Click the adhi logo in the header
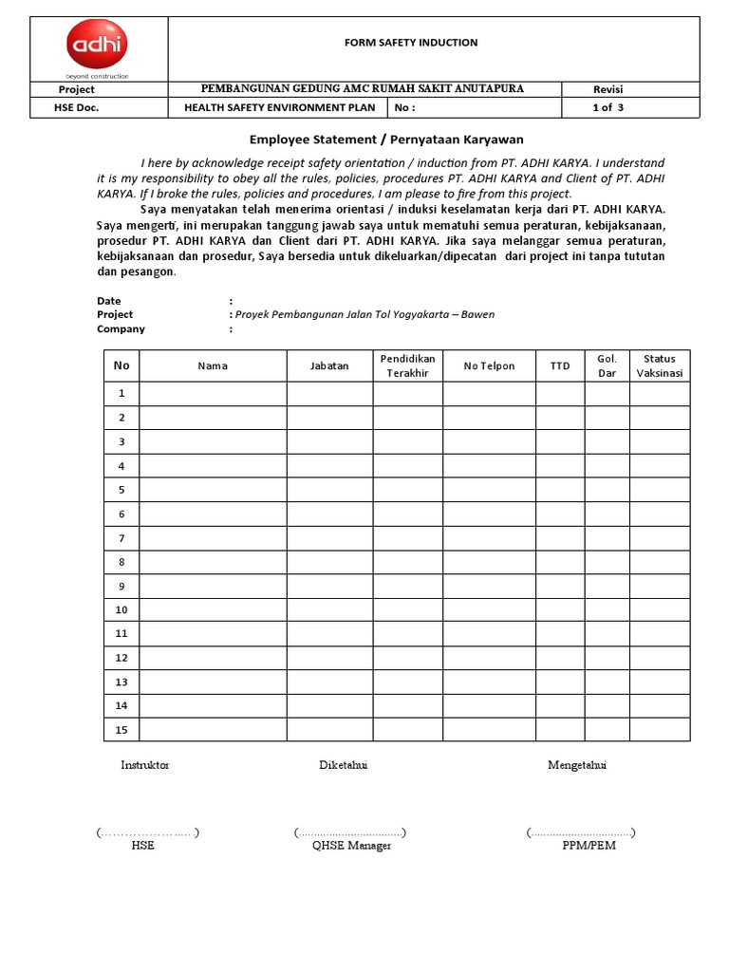[97, 47]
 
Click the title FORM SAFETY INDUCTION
[409, 43]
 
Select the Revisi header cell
[607, 89]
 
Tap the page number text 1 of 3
[607, 107]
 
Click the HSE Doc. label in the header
[78, 107]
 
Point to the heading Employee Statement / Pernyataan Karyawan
[386, 139]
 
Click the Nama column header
[213, 366]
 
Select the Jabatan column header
[329, 365]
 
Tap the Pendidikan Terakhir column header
[407, 365]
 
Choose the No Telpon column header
[489, 366]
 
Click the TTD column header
[560, 366]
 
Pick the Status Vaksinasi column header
[660, 365]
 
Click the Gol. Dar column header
[607, 365]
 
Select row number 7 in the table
[121, 538]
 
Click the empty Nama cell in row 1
[213, 394]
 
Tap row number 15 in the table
[121, 730]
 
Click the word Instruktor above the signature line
[145, 765]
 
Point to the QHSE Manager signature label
[351, 846]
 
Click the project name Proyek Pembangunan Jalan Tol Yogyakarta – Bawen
[364, 314]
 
